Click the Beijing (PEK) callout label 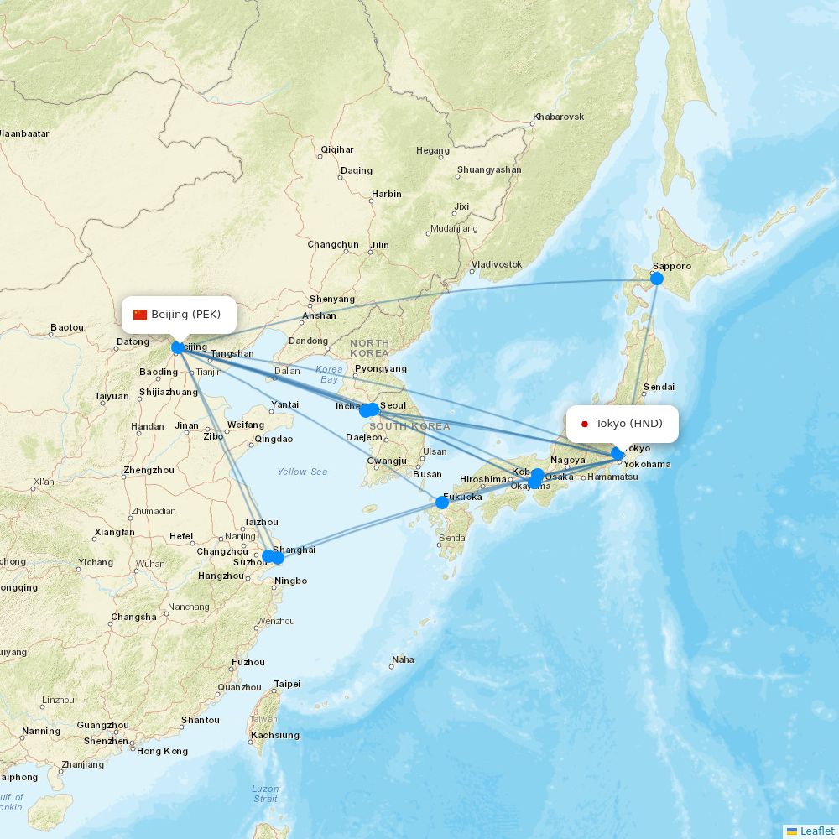[x=178, y=315]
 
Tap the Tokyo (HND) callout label [x=622, y=424]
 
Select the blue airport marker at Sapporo [x=657, y=279]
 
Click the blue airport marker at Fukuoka [x=442, y=503]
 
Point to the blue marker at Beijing [x=178, y=347]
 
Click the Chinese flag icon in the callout [x=140, y=315]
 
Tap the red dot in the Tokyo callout [x=585, y=424]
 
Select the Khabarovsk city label [x=558, y=117]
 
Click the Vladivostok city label [x=497, y=264]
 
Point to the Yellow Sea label [x=302, y=472]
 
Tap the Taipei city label [x=287, y=684]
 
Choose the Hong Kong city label [x=163, y=751]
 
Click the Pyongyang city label [x=381, y=368]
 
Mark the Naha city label [x=403, y=659]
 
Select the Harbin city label [x=387, y=194]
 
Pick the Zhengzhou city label [x=148, y=470]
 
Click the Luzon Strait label [x=265, y=794]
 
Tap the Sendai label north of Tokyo [x=658, y=388]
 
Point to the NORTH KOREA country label [x=370, y=347]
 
